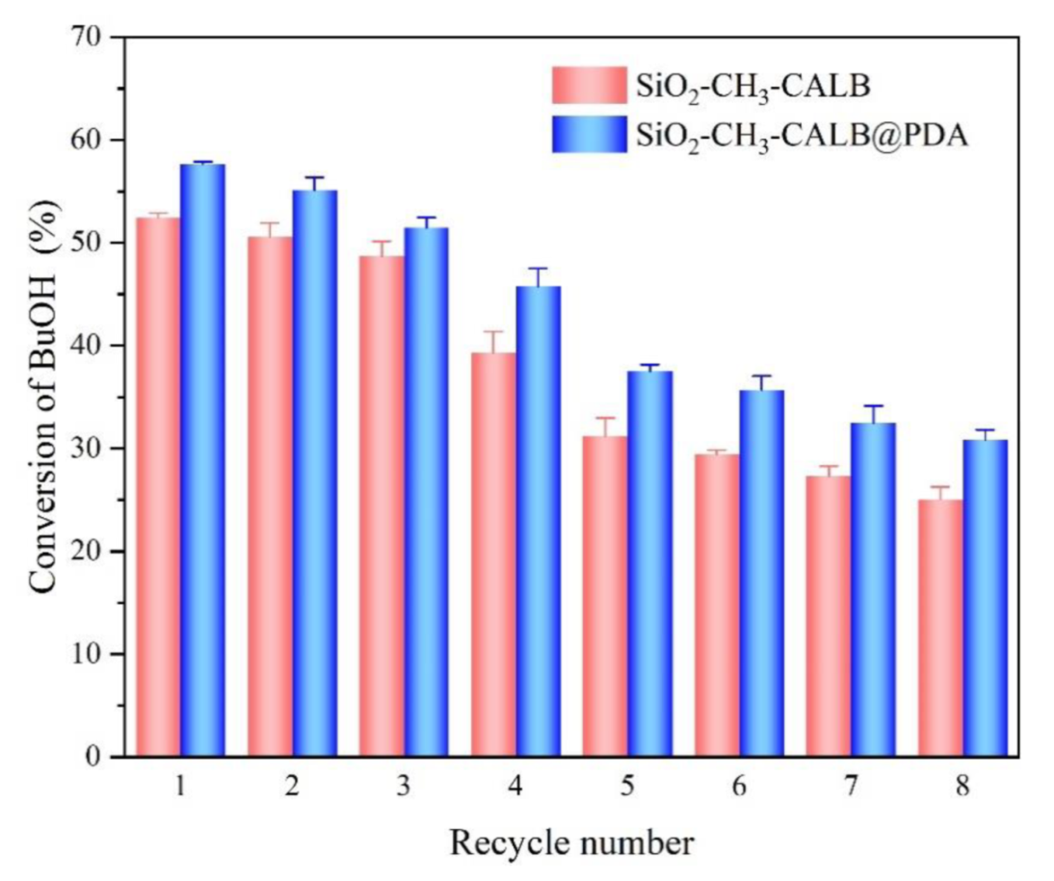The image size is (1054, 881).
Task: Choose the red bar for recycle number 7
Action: [x=829, y=616]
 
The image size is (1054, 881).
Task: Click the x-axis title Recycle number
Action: [x=571, y=843]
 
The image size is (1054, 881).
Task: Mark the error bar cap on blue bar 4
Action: [x=538, y=269]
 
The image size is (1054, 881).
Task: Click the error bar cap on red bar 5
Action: [x=605, y=418]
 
